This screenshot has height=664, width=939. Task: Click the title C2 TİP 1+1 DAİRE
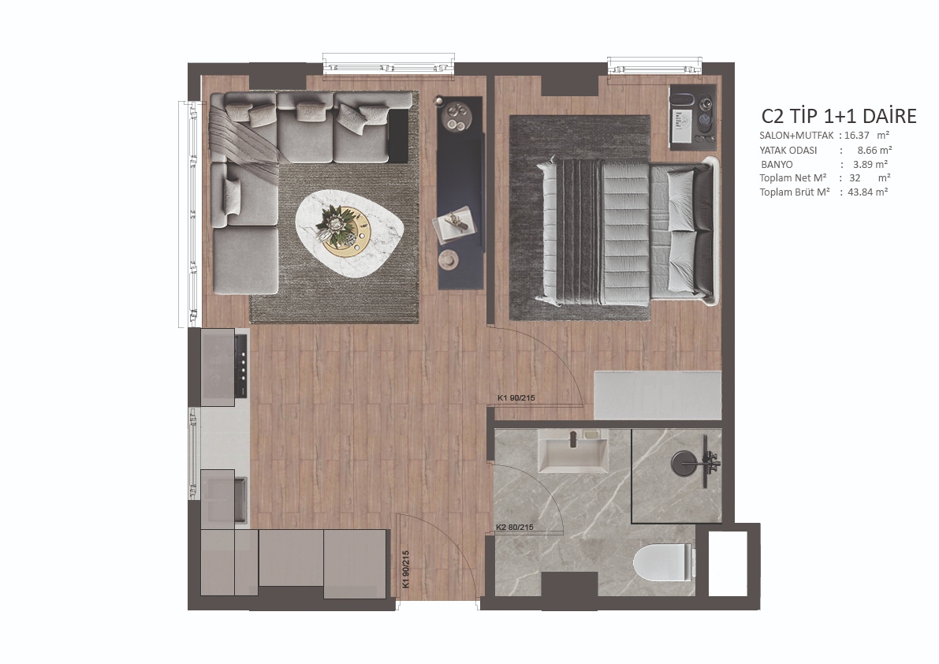tap(838, 116)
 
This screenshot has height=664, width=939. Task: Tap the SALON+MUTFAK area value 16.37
tap(856, 136)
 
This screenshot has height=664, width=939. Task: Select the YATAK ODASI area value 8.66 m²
tap(874, 151)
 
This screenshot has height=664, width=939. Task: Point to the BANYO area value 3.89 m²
tap(870, 164)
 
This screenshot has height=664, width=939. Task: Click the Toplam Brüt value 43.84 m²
tap(868, 192)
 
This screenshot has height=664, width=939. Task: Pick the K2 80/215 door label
tap(514, 528)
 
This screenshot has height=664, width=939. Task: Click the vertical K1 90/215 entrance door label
tap(405, 569)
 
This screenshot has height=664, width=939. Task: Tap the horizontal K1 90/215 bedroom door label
tap(516, 397)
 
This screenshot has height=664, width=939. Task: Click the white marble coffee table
tap(350, 233)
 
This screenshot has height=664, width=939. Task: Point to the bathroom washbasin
tap(573, 451)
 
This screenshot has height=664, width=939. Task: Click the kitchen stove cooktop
tap(225, 367)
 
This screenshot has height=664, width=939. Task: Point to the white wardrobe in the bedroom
tap(658, 395)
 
